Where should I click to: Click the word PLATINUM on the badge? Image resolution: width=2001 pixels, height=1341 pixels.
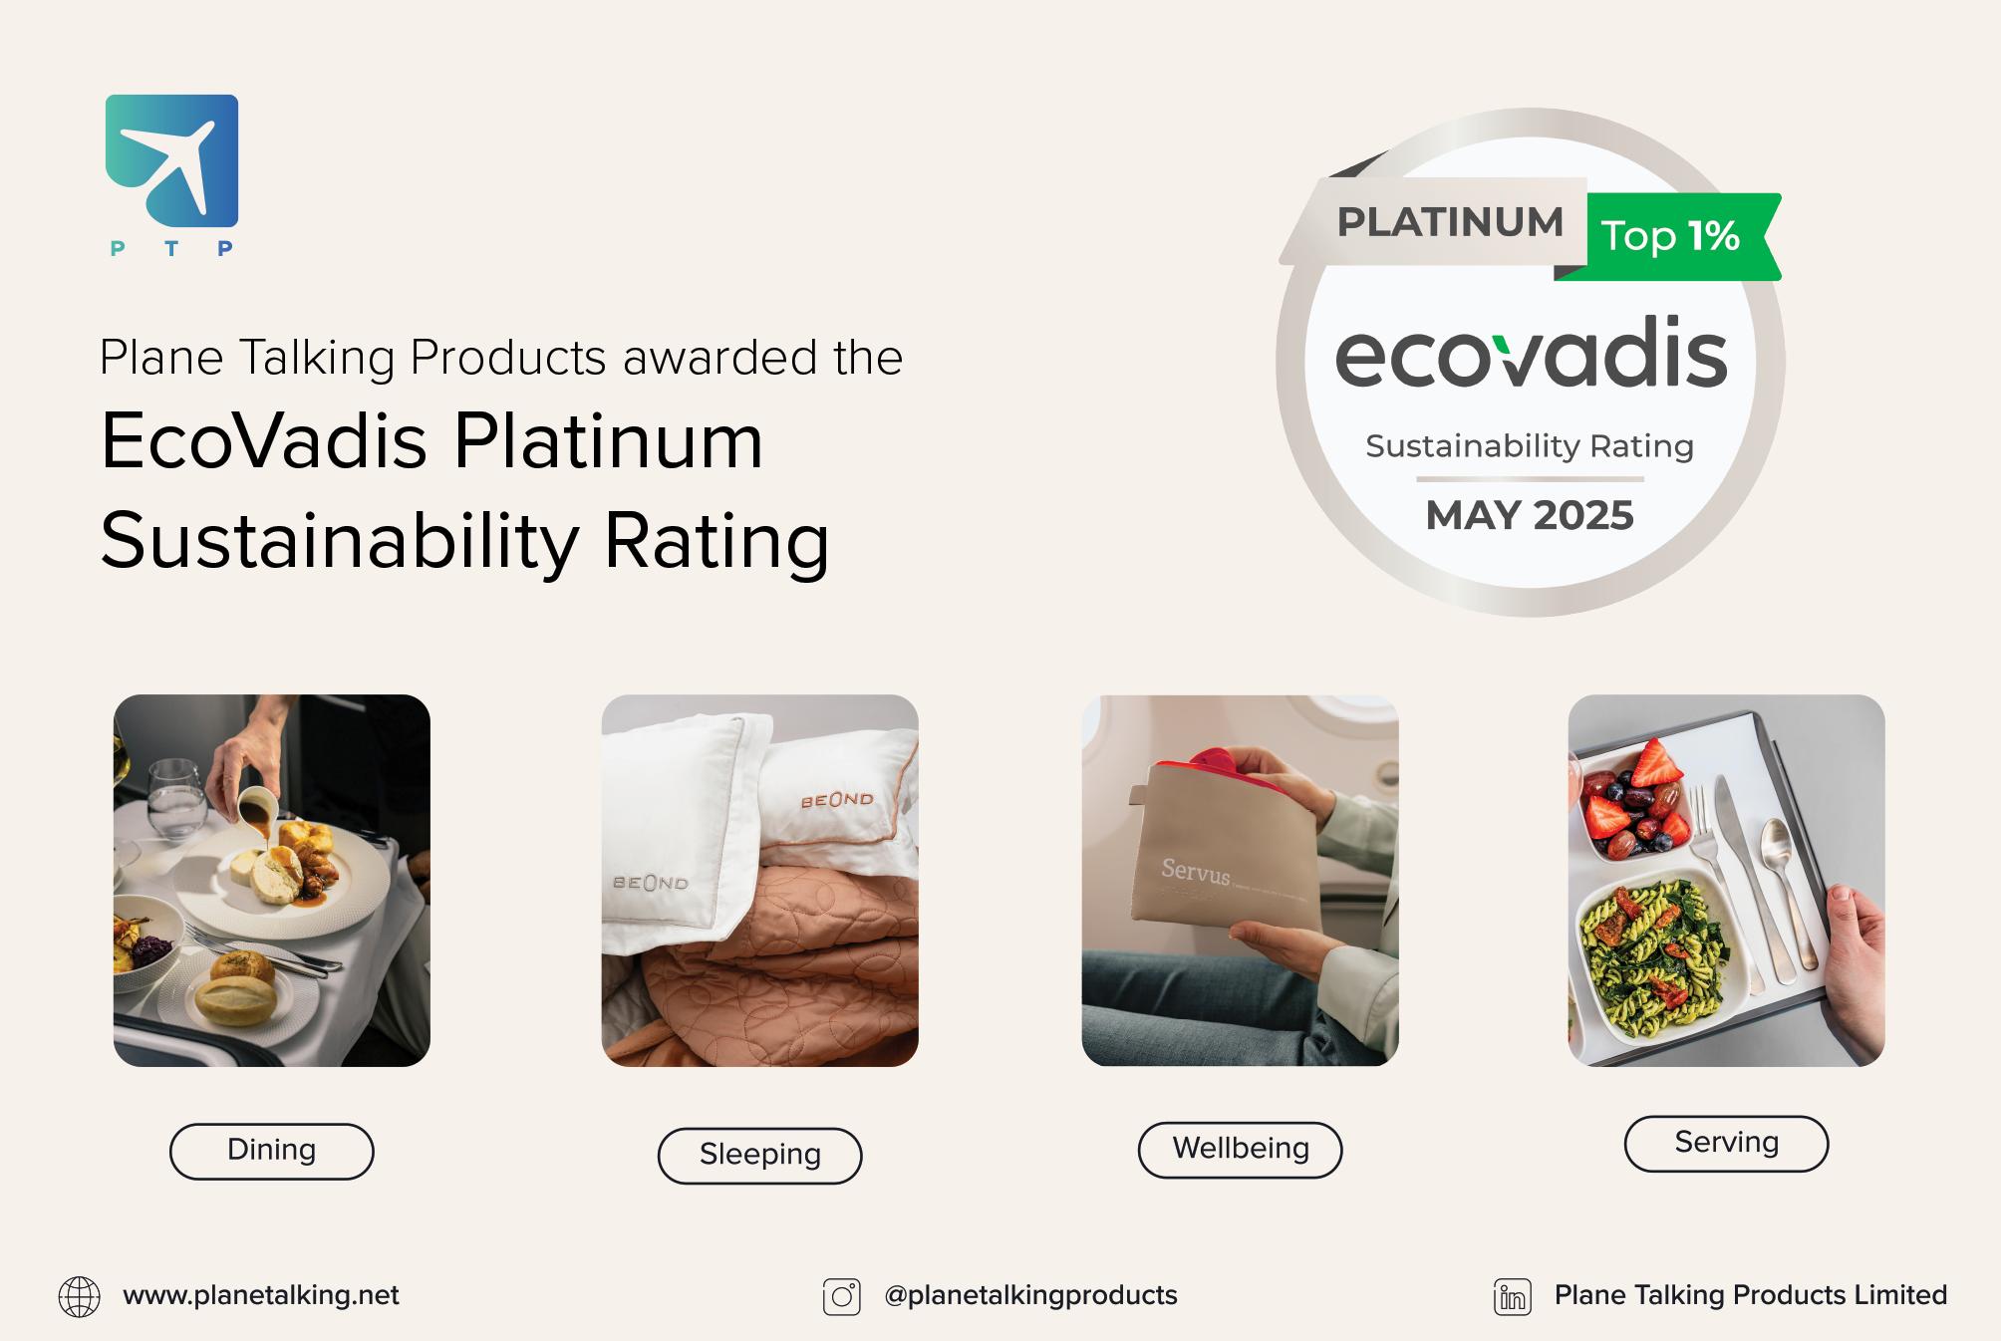point(1450,222)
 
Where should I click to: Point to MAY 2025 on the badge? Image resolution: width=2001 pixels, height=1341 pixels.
point(1530,515)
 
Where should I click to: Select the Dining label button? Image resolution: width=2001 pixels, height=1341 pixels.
point(271,1151)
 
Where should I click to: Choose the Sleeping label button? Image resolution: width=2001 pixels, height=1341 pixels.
point(759,1155)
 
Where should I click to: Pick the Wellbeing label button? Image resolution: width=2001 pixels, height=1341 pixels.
point(1240,1149)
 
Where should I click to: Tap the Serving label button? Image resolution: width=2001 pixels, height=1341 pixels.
point(1726,1143)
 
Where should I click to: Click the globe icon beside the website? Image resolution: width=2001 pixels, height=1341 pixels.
point(80,1296)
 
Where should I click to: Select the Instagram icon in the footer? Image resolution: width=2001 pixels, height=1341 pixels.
point(841,1296)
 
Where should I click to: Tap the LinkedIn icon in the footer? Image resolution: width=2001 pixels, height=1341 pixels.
point(1512,1296)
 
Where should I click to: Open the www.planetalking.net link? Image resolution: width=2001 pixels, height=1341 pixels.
point(260,1295)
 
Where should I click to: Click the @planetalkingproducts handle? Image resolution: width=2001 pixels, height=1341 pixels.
point(1030,1295)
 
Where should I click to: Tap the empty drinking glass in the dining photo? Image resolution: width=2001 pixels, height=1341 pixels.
point(177,797)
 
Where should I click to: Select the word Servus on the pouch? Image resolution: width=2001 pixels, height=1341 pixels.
point(1195,871)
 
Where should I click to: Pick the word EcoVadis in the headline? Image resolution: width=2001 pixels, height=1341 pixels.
point(264,441)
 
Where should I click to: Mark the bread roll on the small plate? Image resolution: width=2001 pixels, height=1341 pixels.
point(234,999)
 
